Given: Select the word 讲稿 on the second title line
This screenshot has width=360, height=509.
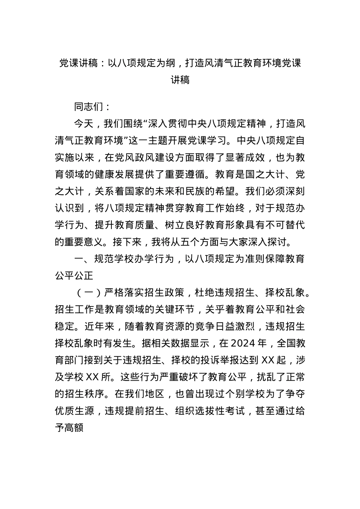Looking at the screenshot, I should point(180,80).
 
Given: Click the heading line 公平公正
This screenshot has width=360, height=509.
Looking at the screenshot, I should point(74,275).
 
